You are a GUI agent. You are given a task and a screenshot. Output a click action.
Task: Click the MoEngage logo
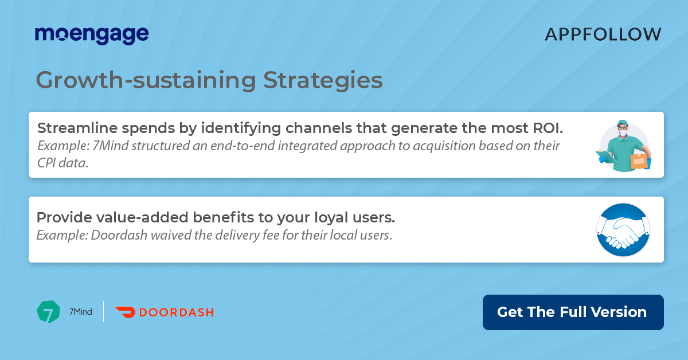pyautogui.click(x=92, y=35)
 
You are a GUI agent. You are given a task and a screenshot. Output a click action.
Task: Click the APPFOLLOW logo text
pyautogui.click(x=603, y=34)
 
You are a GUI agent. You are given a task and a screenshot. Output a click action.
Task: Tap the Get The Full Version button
pyautogui.click(x=573, y=312)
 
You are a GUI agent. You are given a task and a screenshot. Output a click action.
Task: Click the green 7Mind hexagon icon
pyautogui.click(x=49, y=311)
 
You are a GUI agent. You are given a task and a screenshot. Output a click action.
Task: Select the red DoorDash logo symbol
pyautogui.click(x=125, y=312)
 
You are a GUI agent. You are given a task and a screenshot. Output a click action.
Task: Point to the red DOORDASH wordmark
pyautogui.click(x=177, y=312)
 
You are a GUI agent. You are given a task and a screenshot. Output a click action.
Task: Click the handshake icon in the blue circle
pyautogui.click(x=623, y=230)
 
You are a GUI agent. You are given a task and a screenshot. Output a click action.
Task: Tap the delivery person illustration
pyautogui.click(x=624, y=146)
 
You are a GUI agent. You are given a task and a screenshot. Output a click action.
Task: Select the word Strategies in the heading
pyautogui.click(x=323, y=80)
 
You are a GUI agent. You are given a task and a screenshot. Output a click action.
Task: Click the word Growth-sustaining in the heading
pyautogui.click(x=146, y=80)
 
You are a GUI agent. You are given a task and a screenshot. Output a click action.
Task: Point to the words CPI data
pyautogui.click(x=62, y=163)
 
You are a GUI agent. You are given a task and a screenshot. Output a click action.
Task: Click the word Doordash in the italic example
pyautogui.click(x=119, y=235)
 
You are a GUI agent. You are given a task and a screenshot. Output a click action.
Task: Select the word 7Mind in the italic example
pyautogui.click(x=110, y=146)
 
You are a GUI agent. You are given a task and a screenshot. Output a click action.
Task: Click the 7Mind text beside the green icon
pyautogui.click(x=80, y=312)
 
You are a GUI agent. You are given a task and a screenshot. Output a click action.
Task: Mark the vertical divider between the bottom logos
pyautogui.click(x=104, y=311)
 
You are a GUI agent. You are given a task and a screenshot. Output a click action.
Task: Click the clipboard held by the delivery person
pyautogui.click(x=606, y=156)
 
